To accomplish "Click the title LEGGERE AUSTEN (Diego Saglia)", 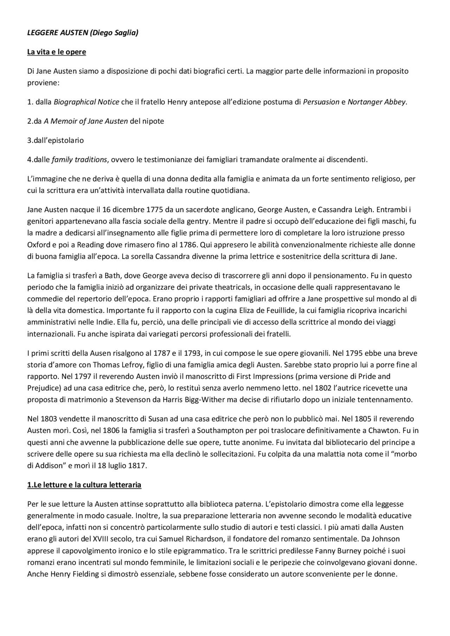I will coord(83,33).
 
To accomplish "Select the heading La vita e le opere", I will coord(57,52).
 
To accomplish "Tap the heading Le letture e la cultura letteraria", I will coord(84,485).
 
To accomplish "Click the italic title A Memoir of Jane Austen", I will coord(85,121).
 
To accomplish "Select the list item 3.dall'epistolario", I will coord(56,140).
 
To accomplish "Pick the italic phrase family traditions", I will coord(79,160).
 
